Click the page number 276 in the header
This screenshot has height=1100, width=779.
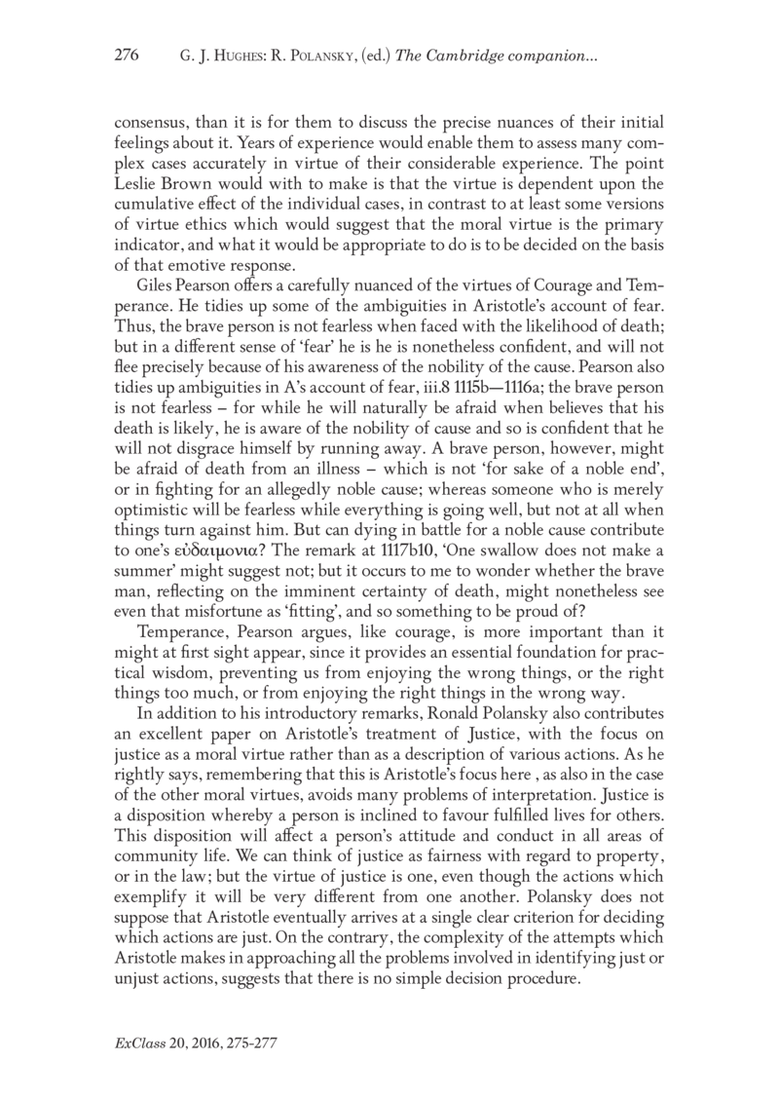pos(129,57)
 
